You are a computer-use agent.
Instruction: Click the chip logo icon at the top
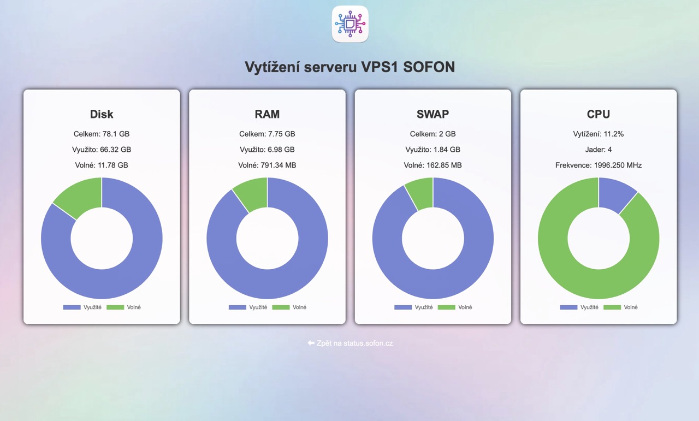pos(350,24)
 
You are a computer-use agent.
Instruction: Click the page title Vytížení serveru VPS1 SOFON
pos(349,67)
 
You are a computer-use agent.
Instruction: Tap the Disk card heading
pos(102,114)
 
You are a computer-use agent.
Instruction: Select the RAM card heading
pos(267,114)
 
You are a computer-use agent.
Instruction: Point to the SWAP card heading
pos(433,114)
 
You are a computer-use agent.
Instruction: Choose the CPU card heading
pos(599,114)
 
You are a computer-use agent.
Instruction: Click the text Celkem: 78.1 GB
pos(102,134)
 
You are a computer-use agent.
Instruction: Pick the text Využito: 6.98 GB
pos(267,150)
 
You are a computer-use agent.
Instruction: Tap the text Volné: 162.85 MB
pos(433,165)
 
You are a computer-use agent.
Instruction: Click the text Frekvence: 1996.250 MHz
pos(599,165)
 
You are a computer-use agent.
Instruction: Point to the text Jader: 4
pos(599,150)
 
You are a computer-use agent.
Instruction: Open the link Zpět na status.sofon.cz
pos(350,343)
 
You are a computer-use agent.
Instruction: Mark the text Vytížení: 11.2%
pos(599,134)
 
